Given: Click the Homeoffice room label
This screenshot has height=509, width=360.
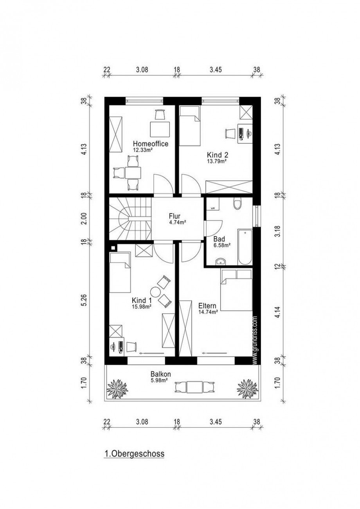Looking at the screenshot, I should (151, 144).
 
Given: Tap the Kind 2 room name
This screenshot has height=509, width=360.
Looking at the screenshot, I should (217, 154).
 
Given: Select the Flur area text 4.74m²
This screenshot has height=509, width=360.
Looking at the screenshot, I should (177, 222).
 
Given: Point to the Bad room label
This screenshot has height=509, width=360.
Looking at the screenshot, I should (219, 239).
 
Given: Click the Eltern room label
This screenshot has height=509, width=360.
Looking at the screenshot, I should (208, 306).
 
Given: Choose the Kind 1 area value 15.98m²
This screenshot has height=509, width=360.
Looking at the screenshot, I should (142, 306).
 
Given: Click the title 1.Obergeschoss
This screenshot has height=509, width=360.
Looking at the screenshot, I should (134, 454).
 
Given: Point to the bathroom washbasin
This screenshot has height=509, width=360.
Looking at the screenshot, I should (220, 261).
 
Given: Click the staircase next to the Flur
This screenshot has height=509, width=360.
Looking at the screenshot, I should (130, 219).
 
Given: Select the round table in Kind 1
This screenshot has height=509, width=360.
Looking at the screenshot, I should (156, 292).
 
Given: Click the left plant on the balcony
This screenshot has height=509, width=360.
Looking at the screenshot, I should (117, 389).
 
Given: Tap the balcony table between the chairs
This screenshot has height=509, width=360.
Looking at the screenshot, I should (194, 387).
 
